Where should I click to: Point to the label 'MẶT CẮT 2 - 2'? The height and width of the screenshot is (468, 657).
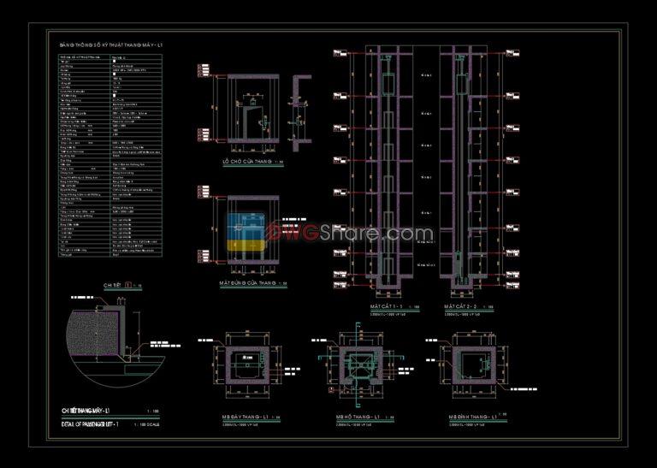tap(463, 305)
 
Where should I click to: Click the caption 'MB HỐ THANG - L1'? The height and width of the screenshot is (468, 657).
tap(357, 418)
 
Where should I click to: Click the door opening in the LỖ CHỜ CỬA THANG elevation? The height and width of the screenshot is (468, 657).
tap(253, 121)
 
